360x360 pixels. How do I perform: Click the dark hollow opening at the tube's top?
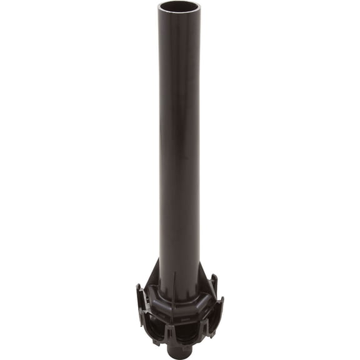click(x=179, y=8)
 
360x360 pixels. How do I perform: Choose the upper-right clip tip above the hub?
click(x=214, y=279)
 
